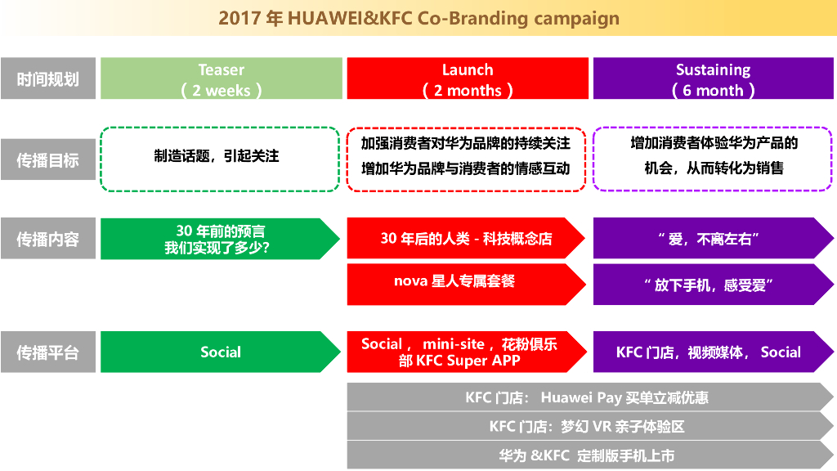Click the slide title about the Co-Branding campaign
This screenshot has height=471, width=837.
[418, 18]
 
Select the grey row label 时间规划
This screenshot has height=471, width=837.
[48, 78]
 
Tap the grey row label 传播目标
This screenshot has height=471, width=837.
[48, 159]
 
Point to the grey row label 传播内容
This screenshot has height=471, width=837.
[48, 239]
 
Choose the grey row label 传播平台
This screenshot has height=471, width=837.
[48, 352]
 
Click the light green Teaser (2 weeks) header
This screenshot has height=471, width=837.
[221, 78]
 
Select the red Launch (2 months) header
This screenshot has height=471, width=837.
[468, 78]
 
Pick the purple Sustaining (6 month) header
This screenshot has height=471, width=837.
[713, 78]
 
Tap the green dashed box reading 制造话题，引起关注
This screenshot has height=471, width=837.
[219, 159]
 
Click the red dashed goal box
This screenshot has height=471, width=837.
[466, 159]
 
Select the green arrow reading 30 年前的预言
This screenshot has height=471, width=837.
[216, 239]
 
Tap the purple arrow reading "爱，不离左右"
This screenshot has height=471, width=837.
[708, 239]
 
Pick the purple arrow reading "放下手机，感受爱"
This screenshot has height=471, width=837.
[708, 285]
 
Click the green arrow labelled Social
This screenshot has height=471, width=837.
[217, 352]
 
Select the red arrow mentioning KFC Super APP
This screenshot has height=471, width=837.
[463, 352]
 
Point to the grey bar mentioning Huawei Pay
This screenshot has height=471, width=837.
[585, 397]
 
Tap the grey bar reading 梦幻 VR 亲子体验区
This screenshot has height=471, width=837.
[585, 426]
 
